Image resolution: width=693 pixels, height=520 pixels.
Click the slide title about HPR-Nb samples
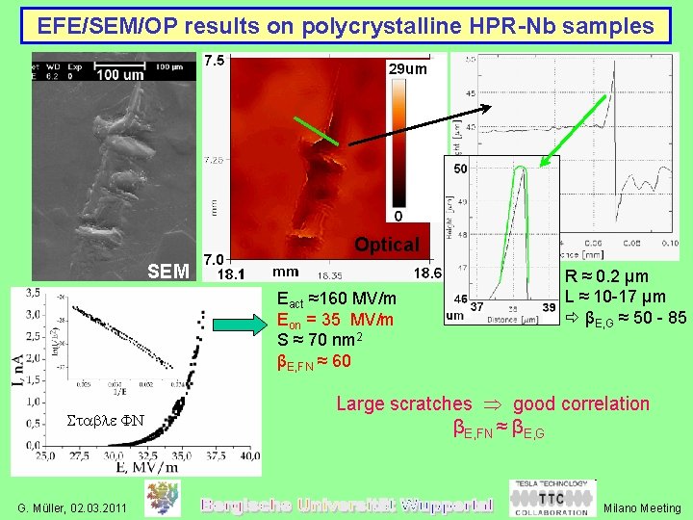[346, 26]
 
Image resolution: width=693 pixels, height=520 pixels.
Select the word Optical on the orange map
[386, 245]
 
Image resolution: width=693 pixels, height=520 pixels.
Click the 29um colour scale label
[407, 69]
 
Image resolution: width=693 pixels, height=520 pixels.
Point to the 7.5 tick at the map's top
[216, 60]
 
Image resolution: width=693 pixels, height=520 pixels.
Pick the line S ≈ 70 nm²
[318, 341]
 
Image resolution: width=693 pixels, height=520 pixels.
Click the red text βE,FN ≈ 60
[314, 361]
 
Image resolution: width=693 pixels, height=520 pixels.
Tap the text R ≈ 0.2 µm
[606, 277]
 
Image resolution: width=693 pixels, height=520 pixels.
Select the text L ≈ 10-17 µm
[615, 298]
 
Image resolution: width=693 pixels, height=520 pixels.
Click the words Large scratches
[403, 404]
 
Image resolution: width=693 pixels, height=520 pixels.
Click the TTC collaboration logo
[551, 499]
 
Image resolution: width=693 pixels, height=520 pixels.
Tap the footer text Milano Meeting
[643, 507]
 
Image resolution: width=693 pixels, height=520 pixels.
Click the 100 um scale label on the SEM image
[119, 74]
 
